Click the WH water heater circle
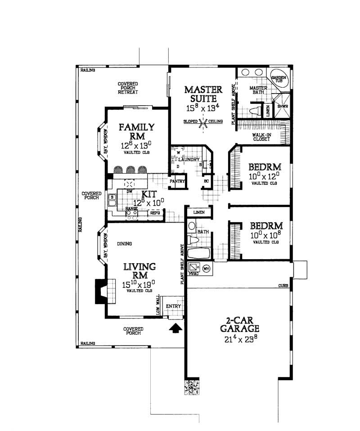pyautogui.click(x=207, y=269)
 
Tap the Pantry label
pyautogui.click(x=177, y=181)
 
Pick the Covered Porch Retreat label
pyautogui.click(x=128, y=88)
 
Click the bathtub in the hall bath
pyautogui.click(x=198, y=253)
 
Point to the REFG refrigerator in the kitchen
pyautogui.click(x=155, y=213)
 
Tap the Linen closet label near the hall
pyautogui.click(x=198, y=212)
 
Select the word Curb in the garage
pyautogui.click(x=283, y=286)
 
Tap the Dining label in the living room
pyautogui.click(x=124, y=244)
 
